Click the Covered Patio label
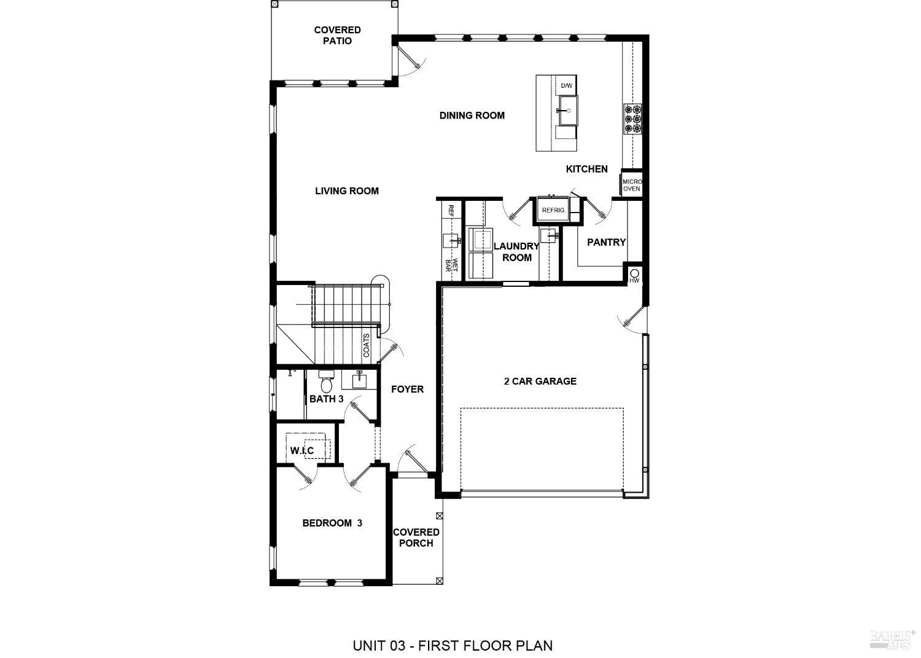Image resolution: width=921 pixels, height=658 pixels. tap(337, 36)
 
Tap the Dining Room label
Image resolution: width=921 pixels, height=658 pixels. tap(472, 116)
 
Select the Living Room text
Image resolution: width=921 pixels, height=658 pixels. tap(347, 191)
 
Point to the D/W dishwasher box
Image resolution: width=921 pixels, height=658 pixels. tap(566, 85)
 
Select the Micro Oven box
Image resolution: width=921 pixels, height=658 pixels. tap(632, 185)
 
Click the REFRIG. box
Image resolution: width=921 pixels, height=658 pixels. tap(553, 210)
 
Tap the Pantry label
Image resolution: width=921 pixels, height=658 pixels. tap(606, 242)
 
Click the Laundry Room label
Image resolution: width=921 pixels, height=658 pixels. tap(516, 252)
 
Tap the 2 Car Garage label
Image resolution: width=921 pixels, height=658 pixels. tap(540, 382)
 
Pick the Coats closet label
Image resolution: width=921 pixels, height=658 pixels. tap(367, 346)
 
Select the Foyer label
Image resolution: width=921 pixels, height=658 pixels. tap(408, 390)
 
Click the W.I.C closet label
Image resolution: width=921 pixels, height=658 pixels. tap(302, 451)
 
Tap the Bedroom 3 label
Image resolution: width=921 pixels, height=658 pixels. tap(332, 523)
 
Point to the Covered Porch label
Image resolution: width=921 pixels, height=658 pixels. tap(416, 538)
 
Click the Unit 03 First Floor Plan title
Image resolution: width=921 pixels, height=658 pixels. tap(453, 646)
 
